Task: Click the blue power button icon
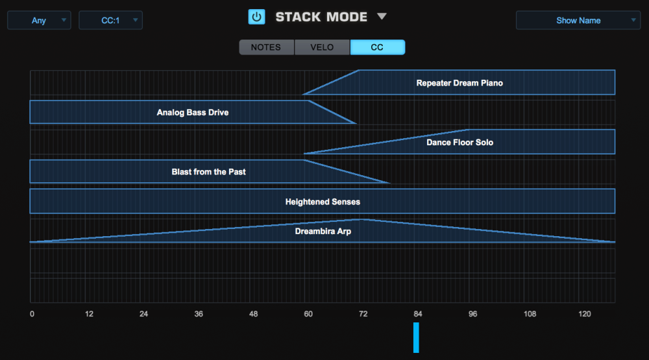(257, 17)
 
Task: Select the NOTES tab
(266, 47)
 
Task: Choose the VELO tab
(322, 47)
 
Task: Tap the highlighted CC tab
(377, 47)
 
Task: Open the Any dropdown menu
(39, 21)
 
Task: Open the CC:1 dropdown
(110, 21)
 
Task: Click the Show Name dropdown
(578, 21)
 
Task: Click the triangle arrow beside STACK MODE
(382, 17)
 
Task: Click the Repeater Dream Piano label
(459, 83)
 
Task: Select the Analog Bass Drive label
(193, 113)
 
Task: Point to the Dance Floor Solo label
(459, 143)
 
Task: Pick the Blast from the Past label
(208, 173)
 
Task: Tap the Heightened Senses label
(323, 202)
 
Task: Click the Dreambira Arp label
(323, 232)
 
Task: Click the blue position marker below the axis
(416, 337)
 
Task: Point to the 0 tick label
(32, 315)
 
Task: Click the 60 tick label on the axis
(308, 315)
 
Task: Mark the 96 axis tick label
(473, 315)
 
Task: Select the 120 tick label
(585, 315)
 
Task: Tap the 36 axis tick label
(199, 315)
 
